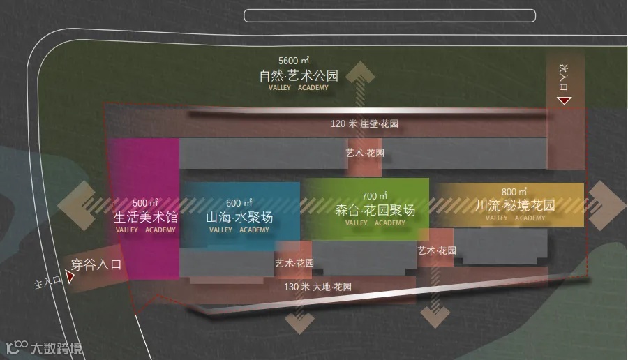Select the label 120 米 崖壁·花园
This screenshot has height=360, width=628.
tap(364, 124)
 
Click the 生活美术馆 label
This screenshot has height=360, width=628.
tap(146, 217)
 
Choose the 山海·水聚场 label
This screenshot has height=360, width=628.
tap(239, 217)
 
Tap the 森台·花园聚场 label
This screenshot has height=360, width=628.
tap(375, 210)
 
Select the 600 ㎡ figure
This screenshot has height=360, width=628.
tap(239, 203)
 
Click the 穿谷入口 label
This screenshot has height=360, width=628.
tap(96, 265)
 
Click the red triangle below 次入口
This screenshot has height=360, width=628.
tap(564, 101)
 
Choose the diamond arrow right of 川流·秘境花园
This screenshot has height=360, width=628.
tap(606, 205)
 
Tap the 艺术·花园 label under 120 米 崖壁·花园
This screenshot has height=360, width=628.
tap(365, 152)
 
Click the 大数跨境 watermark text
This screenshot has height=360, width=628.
tap(56, 348)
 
